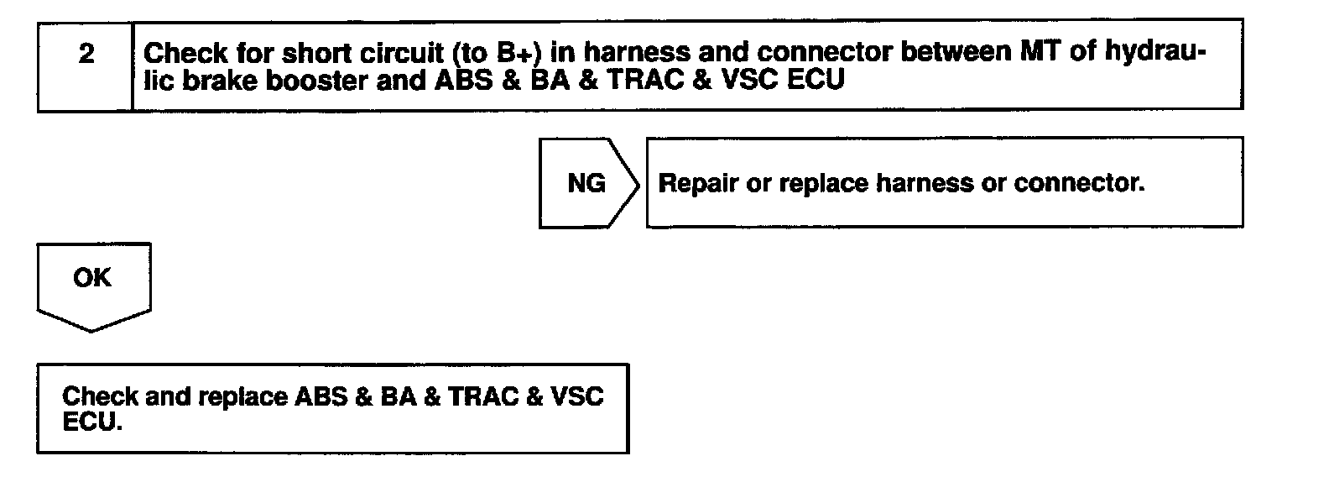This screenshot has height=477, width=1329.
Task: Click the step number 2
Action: click(86, 55)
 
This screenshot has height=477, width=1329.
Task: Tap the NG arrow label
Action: click(586, 183)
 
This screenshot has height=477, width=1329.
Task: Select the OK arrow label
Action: click(92, 278)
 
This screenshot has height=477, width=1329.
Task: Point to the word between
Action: click(953, 52)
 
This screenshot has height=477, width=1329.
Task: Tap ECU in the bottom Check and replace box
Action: click(92, 422)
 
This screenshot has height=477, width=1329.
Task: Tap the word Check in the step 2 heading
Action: click(185, 53)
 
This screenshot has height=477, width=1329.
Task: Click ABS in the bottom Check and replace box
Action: click(321, 396)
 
